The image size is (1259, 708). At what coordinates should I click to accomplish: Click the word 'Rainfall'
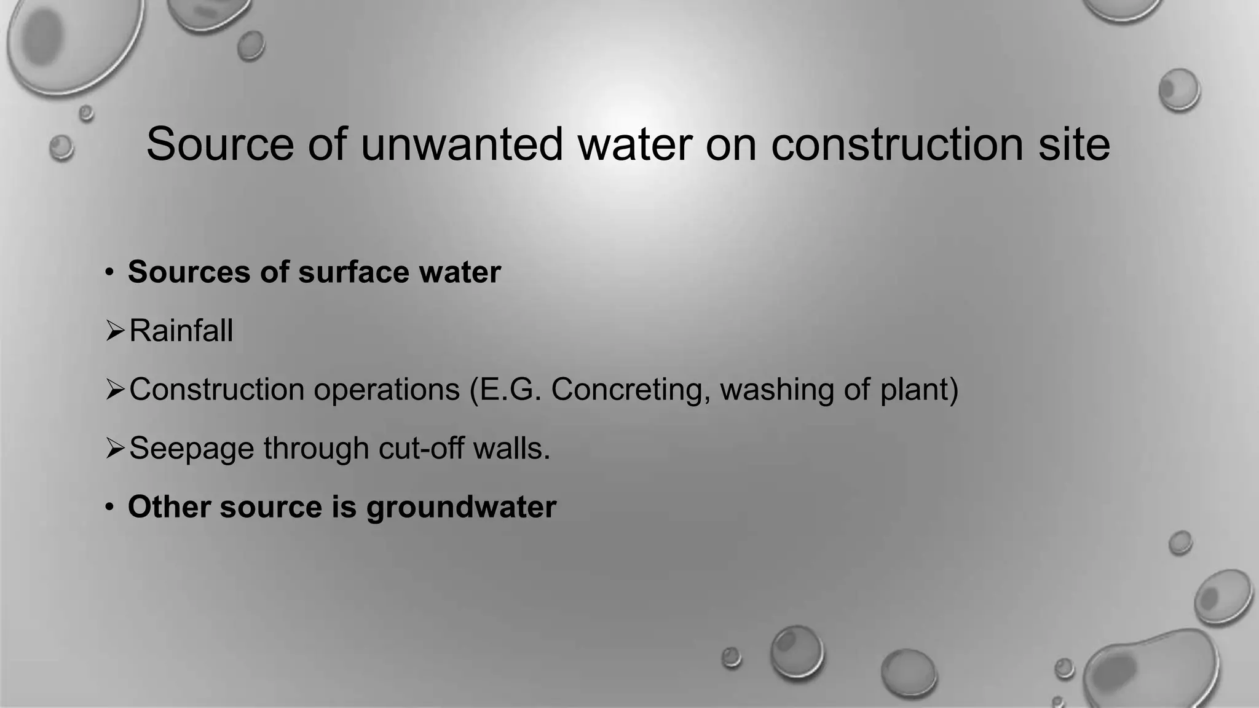pos(181,331)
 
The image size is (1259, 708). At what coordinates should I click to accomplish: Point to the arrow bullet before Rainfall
pos(115,332)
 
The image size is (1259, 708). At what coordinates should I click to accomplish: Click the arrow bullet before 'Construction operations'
pos(115,390)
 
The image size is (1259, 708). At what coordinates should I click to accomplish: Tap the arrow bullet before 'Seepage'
pos(115,449)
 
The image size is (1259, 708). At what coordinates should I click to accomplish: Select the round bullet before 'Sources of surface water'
pos(109,272)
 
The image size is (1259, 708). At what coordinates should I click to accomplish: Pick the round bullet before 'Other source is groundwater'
pos(109,508)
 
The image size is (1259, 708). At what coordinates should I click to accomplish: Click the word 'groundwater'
pos(461,508)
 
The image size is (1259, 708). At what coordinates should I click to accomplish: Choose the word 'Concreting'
pos(629,390)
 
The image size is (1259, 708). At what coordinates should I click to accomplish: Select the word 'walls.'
pos(511,448)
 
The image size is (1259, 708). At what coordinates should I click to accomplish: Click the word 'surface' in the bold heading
pos(353,272)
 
